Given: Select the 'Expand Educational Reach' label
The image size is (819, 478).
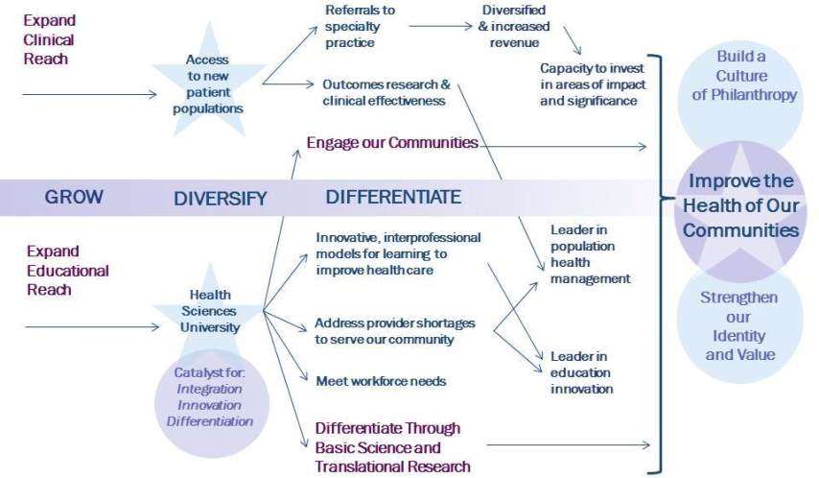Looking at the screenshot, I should [x=55, y=270].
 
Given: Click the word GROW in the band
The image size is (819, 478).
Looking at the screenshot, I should [x=74, y=198].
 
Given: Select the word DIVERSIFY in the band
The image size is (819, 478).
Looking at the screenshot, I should [x=220, y=199].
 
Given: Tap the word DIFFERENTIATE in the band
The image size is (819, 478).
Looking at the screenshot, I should [x=393, y=197].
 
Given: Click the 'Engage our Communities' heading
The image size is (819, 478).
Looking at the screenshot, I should [x=391, y=143].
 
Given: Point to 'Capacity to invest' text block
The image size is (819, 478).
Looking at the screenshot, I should [x=592, y=84].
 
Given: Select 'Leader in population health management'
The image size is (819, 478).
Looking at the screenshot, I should [x=590, y=253].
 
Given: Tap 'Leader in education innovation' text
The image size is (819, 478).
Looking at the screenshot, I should [x=581, y=371].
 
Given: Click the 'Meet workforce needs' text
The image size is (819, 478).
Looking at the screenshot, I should [x=381, y=380].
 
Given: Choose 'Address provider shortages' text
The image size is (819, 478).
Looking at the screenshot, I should [x=395, y=331].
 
